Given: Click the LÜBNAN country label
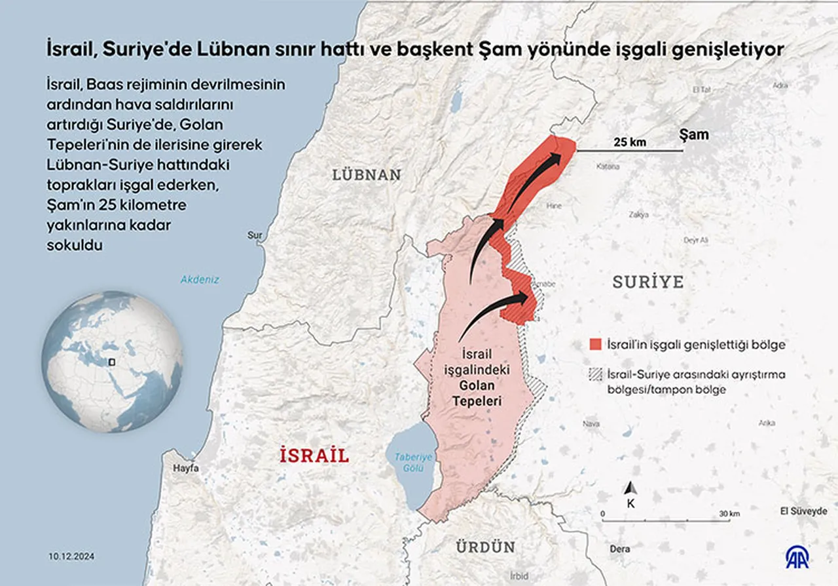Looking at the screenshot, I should click(367, 175).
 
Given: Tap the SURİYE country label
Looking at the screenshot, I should click(647, 283).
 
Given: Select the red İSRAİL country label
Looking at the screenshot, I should click(314, 455).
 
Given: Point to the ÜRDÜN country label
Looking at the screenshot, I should click(477, 547).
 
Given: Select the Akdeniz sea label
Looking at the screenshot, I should click(200, 280).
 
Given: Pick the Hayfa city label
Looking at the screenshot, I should click(185, 469).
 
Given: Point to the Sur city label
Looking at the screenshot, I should click(255, 235).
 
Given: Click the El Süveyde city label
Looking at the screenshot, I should click(803, 511).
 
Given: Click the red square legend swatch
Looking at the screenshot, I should click(595, 345).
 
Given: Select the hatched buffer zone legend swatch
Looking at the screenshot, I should click(595, 375).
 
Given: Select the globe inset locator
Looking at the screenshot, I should click(113, 361).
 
